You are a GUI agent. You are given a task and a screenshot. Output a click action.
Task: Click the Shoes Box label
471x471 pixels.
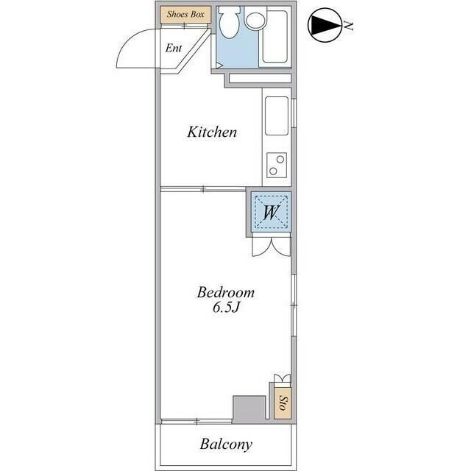185,14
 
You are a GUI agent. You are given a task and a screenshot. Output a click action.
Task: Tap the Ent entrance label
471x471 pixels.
174,48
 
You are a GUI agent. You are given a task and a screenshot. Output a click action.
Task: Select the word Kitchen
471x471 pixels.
212,132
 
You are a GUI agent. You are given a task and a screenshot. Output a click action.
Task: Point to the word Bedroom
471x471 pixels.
226,293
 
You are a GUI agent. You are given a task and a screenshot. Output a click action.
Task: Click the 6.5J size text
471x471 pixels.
225,308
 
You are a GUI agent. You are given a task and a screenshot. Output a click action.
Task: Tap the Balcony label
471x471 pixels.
226,445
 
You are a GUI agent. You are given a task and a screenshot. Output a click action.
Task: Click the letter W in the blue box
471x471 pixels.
272,213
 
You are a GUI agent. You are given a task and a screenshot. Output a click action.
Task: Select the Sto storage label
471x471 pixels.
283,403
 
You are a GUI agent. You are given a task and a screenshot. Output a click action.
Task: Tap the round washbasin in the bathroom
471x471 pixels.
255,21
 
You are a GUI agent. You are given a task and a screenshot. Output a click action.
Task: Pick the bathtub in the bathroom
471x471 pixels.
275,36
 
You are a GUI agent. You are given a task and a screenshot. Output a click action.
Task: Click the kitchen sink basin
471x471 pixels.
277,116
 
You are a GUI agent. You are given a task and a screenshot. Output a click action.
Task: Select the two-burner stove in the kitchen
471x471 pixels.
277,165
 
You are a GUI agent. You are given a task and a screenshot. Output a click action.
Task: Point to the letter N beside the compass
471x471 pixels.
348,26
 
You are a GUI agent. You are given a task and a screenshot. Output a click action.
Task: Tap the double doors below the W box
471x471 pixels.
272,247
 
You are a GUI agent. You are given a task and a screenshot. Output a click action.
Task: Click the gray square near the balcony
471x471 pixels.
249,409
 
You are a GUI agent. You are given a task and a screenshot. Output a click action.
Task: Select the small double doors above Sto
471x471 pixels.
282,378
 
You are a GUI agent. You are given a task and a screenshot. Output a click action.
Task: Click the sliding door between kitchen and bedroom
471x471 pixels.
203,189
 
